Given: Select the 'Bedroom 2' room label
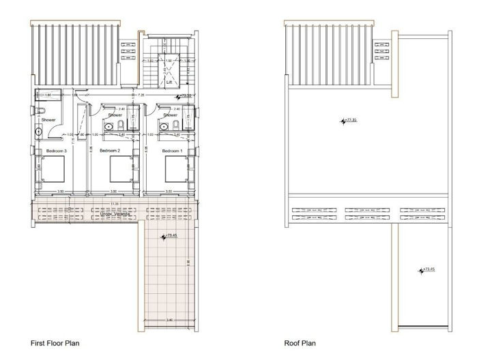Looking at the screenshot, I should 110,150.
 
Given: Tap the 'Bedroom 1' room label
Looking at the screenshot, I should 171,150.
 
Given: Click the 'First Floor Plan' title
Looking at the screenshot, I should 55,343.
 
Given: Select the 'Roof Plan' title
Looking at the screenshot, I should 300,343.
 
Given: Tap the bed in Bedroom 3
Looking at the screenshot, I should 50,168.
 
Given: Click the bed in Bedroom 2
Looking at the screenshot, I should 114,168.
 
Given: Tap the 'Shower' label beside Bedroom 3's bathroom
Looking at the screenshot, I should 48,119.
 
